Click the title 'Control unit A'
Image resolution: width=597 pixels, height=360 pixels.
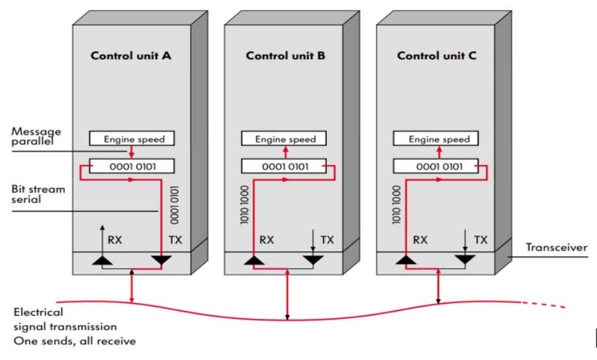[131, 56]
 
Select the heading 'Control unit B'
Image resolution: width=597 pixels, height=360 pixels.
[285, 56]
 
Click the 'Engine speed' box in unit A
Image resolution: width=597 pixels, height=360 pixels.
[131, 139]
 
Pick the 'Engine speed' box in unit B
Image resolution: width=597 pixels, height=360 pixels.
[285, 139]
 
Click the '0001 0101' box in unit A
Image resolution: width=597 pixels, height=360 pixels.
[131, 165]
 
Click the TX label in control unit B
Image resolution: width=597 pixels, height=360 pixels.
[327, 240]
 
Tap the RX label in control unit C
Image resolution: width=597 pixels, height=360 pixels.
[420, 240]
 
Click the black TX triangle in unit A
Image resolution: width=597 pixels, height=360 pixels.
[161, 261]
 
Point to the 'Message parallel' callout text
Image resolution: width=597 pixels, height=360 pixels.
[36, 136]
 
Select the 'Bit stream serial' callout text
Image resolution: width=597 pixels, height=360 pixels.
[38, 194]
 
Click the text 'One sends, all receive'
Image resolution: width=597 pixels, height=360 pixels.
[75, 341]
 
